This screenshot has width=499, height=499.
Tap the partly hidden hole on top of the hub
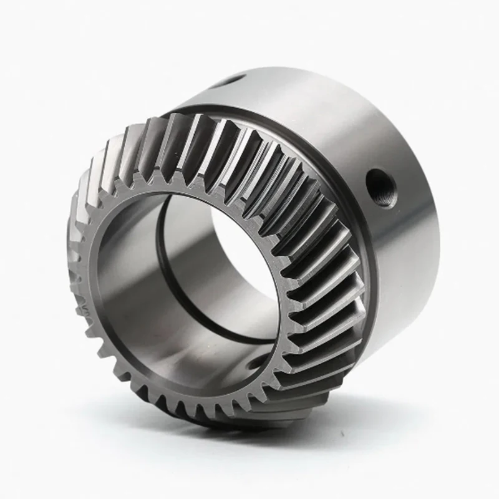point(233,80)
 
